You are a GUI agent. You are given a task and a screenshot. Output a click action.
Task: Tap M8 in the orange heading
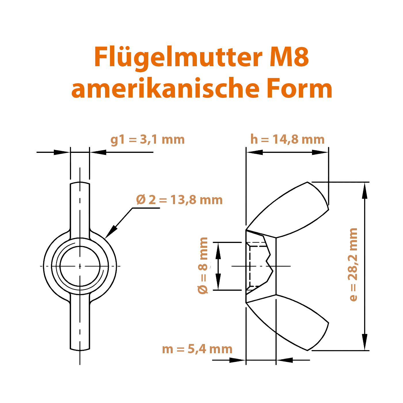290,57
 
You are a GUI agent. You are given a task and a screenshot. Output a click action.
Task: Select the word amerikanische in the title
166,88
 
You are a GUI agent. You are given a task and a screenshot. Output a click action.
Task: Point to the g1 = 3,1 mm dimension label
148,140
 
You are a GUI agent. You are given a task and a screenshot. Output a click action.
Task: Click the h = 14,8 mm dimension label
287,139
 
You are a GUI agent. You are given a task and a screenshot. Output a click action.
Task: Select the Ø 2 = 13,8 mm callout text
179,200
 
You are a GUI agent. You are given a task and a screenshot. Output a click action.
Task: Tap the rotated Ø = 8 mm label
203,266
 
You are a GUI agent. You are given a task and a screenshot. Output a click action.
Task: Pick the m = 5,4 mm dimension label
197,349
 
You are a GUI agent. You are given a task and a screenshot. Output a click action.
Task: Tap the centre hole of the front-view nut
80,266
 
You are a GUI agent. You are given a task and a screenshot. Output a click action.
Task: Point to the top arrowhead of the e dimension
365,190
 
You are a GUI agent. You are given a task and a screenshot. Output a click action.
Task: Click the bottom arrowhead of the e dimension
365,342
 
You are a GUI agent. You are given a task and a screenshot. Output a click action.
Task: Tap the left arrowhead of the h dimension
254,152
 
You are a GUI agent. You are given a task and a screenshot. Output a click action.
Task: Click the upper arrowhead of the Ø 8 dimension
218,251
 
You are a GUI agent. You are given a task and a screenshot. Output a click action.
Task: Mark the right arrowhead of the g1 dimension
98,152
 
